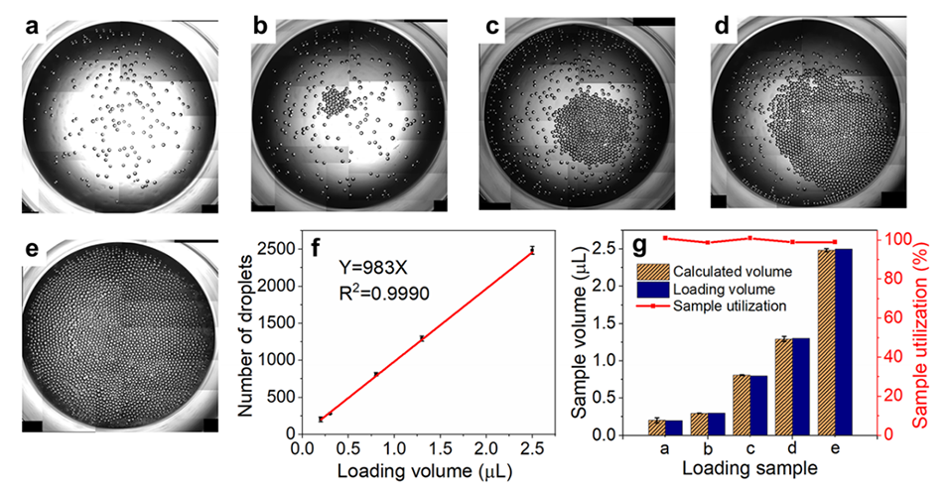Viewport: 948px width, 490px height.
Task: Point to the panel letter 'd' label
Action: [x=723, y=24]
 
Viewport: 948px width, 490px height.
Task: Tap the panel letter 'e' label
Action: [x=29, y=248]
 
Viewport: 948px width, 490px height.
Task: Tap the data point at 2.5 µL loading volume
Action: [x=532, y=250]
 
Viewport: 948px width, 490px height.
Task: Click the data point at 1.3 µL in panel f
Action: [x=422, y=338]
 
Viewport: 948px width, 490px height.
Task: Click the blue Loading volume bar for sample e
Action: [x=843, y=341]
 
